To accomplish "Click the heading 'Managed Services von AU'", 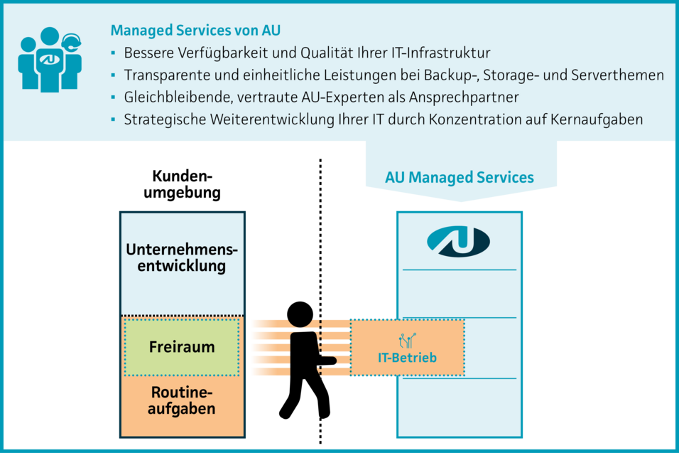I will pyautogui.click(x=195, y=31).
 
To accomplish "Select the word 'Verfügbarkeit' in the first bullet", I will pyautogui.click(x=213, y=53).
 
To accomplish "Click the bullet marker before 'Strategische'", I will pyautogui.click(x=114, y=119).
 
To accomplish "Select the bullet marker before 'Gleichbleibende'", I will pyautogui.click(x=114, y=97).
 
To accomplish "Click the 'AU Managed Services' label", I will pyautogui.click(x=460, y=177).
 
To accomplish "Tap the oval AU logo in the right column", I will pyautogui.click(x=458, y=242).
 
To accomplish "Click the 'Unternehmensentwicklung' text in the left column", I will pyautogui.click(x=182, y=258).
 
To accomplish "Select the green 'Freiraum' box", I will pyautogui.click(x=182, y=347).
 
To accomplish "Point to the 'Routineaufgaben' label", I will pyautogui.click(x=182, y=401).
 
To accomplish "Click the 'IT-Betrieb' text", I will pyautogui.click(x=407, y=358).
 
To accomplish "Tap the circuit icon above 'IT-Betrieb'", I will pyautogui.click(x=408, y=340).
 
